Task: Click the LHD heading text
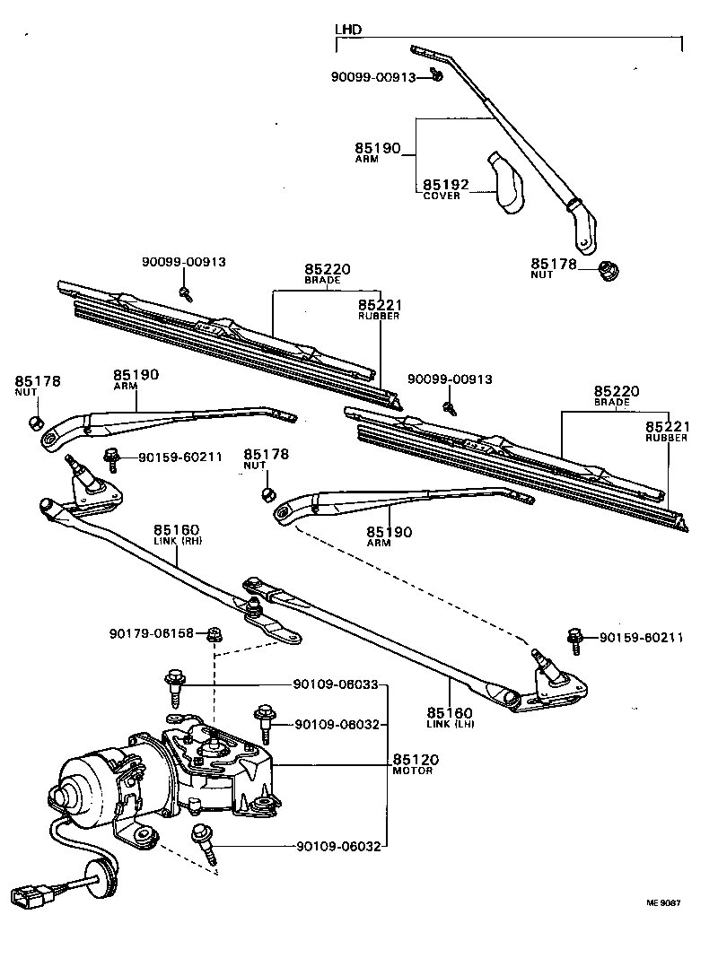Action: (x=348, y=30)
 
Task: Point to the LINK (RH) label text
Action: (x=178, y=542)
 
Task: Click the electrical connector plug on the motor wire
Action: (x=28, y=894)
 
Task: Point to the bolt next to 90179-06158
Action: (x=214, y=634)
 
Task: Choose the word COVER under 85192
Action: (x=441, y=196)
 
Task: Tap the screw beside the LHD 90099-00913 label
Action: (x=435, y=75)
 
